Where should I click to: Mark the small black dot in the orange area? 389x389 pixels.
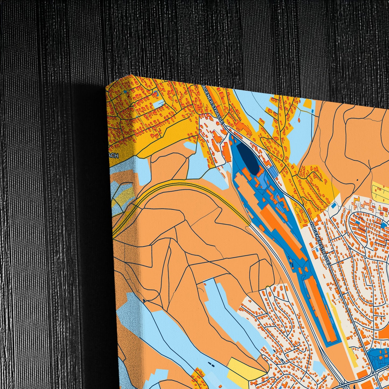point(357,180)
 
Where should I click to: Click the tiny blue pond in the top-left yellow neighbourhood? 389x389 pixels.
point(125,92)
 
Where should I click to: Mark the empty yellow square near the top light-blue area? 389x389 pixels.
point(308,103)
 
